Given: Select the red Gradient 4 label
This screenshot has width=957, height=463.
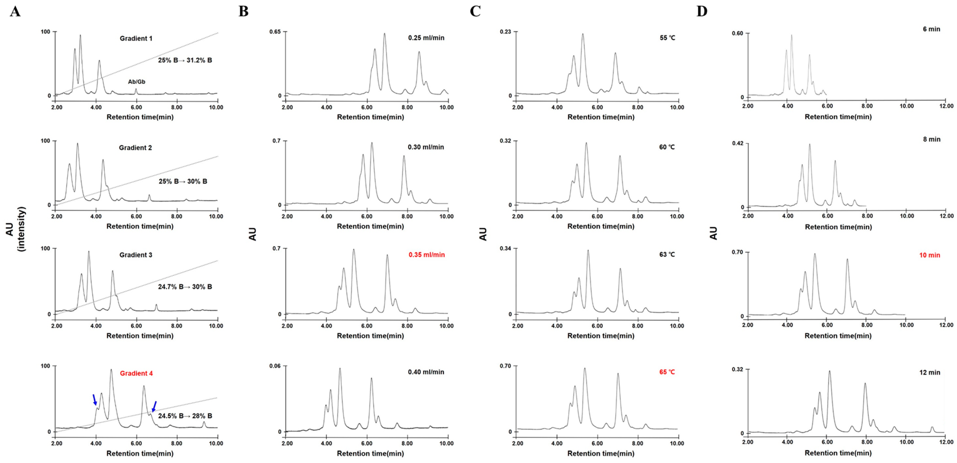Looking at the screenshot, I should click(x=136, y=373).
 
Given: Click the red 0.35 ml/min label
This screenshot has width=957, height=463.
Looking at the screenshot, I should click(x=427, y=255).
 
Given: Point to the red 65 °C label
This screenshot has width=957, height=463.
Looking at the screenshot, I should click(x=667, y=372).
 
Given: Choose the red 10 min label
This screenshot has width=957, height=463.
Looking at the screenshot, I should click(x=930, y=255).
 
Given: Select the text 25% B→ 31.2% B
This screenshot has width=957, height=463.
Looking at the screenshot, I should click(x=185, y=60).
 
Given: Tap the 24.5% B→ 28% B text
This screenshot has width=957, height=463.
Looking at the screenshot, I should click(x=185, y=416).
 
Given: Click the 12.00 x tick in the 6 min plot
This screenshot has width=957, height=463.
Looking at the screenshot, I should click(x=946, y=106).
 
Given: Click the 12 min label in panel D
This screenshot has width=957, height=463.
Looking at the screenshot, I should click(x=930, y=372).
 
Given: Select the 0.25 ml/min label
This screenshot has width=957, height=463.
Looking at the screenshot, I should click(x=426, y=37).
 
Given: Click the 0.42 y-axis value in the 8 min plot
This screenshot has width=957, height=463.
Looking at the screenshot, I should click(x=738, y=143).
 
